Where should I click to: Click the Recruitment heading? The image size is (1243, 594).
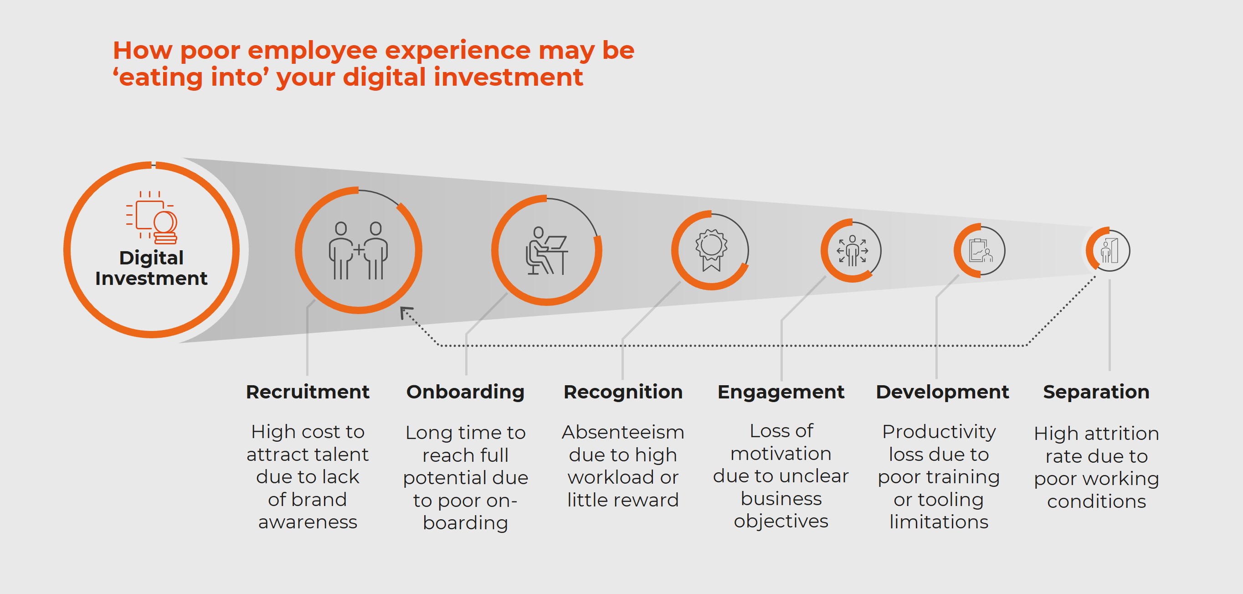pyautogui.click(x=308, y=392)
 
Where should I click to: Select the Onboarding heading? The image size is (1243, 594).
pyautogui.click(x=465, y=392)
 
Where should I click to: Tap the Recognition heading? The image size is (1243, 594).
pyautogui.click(x=623, y=392)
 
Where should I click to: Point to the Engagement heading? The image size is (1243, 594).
pyautogui.click(x=781, y=392)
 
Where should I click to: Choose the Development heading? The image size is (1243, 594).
pyautogui.click(x=942, y=392)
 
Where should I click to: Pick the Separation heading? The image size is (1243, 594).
pyautogui.click(x=1096, y=392)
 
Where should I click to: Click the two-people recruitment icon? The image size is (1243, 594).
pyautogui.click(x=358, y=251)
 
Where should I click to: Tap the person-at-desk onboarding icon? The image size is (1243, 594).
pyautogui.click(x=547, y=251)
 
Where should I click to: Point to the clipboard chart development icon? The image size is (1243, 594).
pyautogui.click(x=981, y=251)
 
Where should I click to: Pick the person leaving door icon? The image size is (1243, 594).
pyautogui.click(x=1109, y=251)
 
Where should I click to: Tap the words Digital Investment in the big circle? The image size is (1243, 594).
pyautogui.click(x=151, y=268)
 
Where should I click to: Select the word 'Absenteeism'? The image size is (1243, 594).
pyautogui.click(x=623, y=432)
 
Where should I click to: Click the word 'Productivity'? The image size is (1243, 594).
pyautogui.click(x=939, y=432)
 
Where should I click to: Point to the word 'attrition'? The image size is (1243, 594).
pyautogui.click(x=1121, y=433)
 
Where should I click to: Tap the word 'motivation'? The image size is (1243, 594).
pyautogui.click(x=781, y=454)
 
